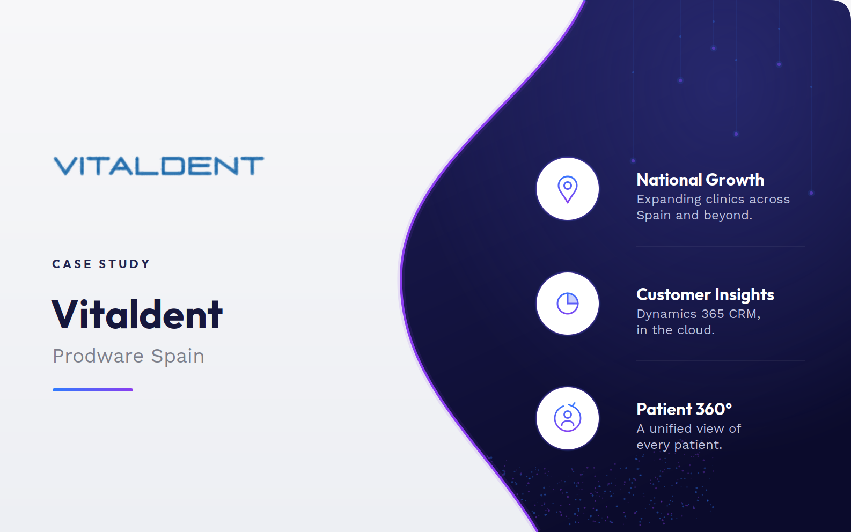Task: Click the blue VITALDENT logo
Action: (x=158, y=166)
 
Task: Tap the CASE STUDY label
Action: (x=101, y=264)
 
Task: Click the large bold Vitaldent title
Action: (x=137, y=314)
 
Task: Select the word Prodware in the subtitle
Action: (x=98, y=356)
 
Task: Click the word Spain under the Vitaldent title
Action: (x=178, y=357)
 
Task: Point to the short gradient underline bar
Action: (x=93, y=389)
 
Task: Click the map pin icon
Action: (x=568, y=189)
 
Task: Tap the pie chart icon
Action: (x=568, y=304)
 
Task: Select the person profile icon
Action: (x=568, y=417)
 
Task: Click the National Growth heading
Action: (x=700, y=180)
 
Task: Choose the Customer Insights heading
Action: (x=705, y=294)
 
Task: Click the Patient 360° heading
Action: (x=684, y=409)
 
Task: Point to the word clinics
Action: (x=723, y=199)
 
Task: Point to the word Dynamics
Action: (x=667, y=314)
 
